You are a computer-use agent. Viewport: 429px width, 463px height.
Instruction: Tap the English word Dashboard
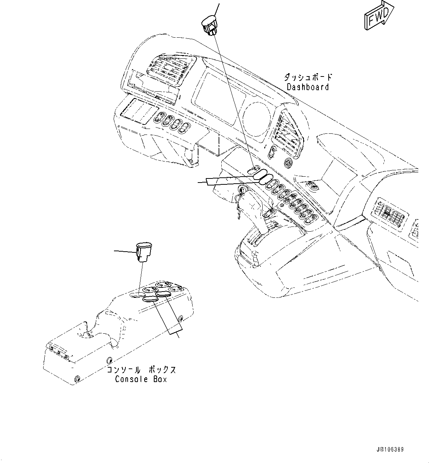click(308, 87)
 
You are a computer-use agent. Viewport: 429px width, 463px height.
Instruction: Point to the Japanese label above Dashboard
click(308, 77)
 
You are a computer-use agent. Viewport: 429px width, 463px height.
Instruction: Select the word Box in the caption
click(160, 379)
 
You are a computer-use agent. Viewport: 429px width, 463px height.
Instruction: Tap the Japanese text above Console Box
click(141, 370)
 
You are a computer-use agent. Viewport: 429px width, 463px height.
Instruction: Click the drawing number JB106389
click(390, 450)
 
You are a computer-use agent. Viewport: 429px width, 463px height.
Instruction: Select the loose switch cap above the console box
click(144, 251)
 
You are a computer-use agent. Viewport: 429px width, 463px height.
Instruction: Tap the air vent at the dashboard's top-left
click(168, 70)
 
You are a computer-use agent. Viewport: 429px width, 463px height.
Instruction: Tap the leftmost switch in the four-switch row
click(160, 118)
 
